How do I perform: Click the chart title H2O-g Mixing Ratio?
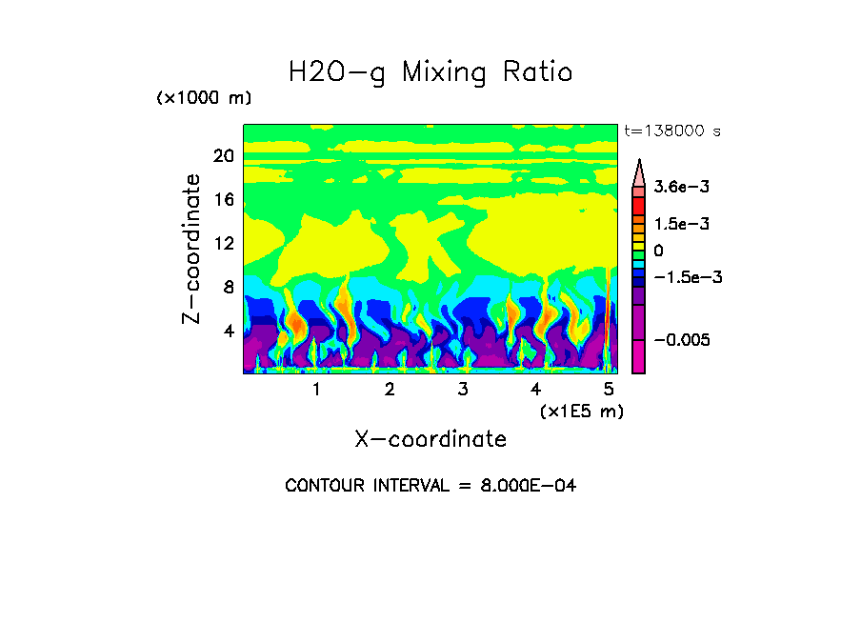(430, 72)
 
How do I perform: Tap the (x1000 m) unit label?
(204, 98)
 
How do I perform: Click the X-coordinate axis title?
(430, 439)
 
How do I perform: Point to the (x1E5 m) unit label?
(581, 411)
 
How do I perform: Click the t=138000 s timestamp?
(671, 131)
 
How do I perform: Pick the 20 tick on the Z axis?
(223, 156)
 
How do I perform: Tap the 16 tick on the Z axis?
(223, 200)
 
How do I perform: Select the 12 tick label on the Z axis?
(223, 244)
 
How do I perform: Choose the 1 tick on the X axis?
(316, 390)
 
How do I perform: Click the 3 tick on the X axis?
(462, 390)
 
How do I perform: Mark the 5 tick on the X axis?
(609, 390)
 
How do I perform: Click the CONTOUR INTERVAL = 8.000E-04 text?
(430, 486)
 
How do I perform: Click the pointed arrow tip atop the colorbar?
(639, 164)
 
